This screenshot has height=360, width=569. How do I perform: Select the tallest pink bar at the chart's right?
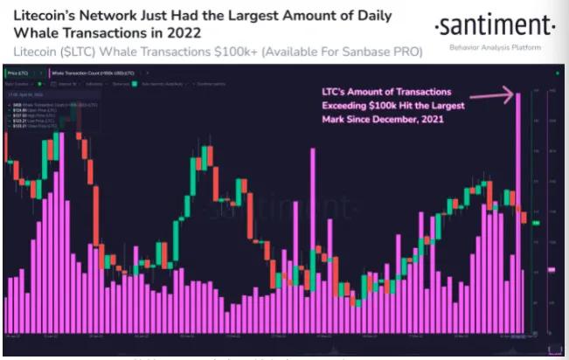pyautogui.click(x=519, y=210)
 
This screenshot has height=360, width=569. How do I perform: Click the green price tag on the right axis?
pyautogui.click(x=537, y=224)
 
